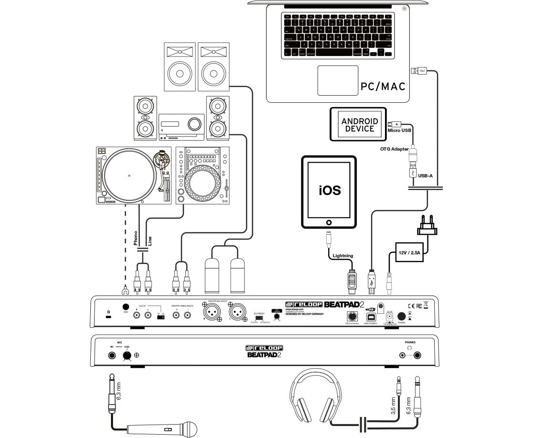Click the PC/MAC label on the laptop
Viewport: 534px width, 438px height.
(382, 87)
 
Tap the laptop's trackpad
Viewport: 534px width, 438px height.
(338, 80)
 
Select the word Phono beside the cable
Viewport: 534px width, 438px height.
(136, 238)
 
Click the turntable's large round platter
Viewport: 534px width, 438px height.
(129, 175)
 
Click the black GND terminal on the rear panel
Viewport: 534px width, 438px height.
(126, 307)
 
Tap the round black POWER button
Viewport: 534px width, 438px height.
(401, 316)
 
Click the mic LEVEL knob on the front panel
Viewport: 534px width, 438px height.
(127, 355)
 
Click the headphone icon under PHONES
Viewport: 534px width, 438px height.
(408, 349)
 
